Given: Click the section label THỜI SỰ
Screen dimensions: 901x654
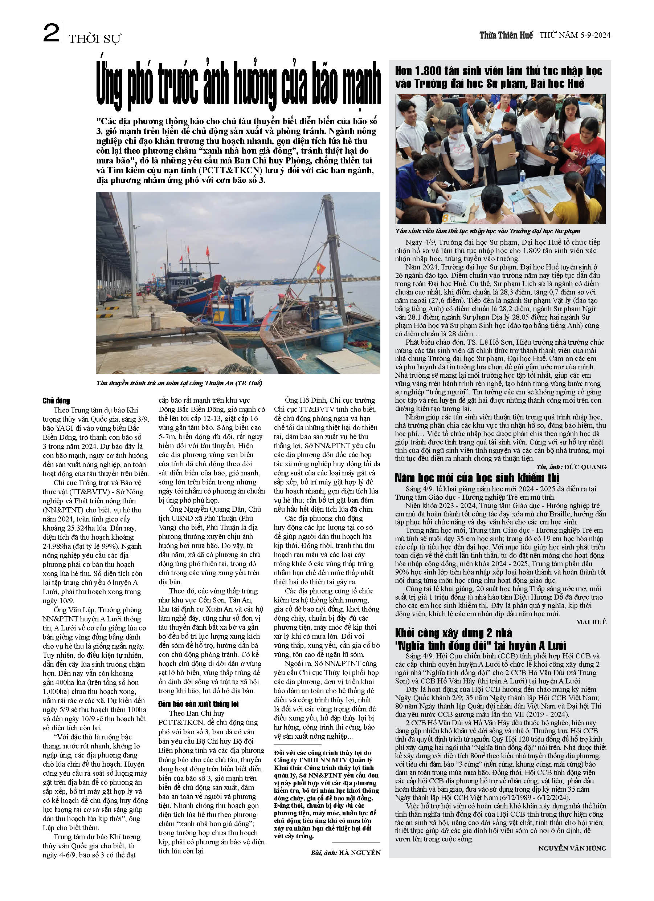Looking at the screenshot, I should tap(95, 38).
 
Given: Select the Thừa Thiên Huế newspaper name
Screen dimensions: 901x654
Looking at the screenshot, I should tap(506, 35).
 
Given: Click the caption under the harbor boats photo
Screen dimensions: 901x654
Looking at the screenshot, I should tap(179, 383).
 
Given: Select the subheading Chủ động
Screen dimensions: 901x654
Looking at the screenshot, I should tap(56, 401).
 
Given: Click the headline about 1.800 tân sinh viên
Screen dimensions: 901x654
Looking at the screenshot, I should tap(498, 77).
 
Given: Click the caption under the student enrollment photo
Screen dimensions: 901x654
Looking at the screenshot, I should tap(488, 231).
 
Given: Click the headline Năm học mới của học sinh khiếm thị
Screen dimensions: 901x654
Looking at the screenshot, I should tap(477, 478).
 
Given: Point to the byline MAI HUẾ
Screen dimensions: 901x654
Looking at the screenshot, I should tap(591, 622).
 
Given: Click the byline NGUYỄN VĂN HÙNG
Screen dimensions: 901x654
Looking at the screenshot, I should tap(572, 848).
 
